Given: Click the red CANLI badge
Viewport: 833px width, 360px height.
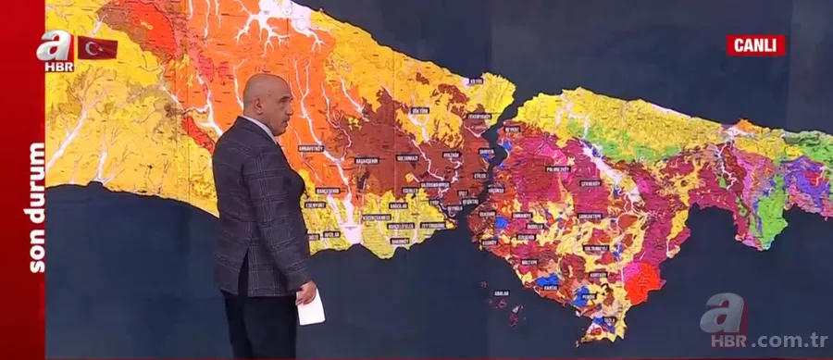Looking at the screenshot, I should click(755, 45).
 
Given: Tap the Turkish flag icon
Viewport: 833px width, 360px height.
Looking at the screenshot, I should click(96, 48).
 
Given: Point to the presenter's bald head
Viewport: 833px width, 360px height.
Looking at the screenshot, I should click(263, 97).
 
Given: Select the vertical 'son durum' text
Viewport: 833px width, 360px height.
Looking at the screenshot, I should click(36, 207).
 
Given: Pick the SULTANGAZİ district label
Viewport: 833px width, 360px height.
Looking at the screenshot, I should click(406, 158).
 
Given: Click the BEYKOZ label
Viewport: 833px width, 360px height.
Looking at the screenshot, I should click(512, 130).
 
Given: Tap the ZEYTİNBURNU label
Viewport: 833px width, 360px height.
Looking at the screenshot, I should click(433, 225).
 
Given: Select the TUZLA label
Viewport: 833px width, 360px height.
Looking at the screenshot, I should click(609, 320).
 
